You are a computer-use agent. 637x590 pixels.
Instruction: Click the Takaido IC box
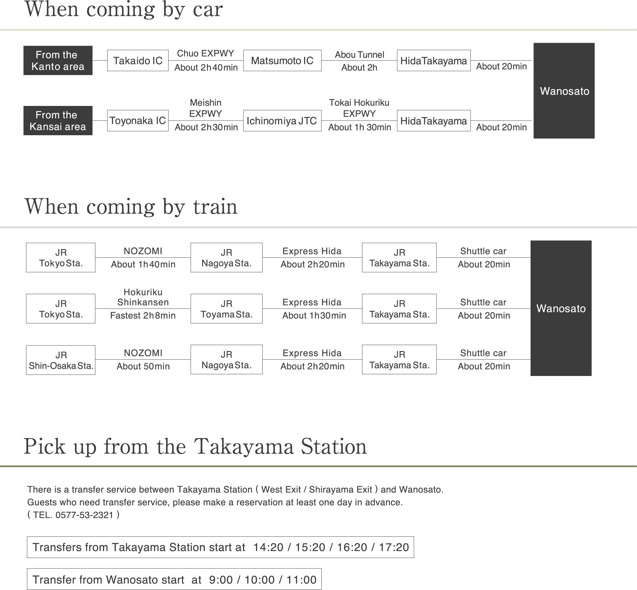pyautogui.click(x=138, y=60)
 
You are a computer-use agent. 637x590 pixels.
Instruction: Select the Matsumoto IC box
pyautogui.click(x=282, y=60)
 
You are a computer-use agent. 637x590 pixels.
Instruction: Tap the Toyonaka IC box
pyautogui.click(x=138, y=121)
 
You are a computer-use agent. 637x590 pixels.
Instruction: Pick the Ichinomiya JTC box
pyautogui.click(x=282, y=121)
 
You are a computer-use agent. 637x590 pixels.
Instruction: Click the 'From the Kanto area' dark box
pyautogui.click(x=58, y=60)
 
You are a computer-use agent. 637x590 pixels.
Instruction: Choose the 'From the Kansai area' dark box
pyautogui.click(x=58, y=121)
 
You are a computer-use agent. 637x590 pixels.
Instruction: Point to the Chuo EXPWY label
pyautogui.click(x=205, y=53)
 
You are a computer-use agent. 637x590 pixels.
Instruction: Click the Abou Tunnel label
pyautogui.click(x=359, y=55)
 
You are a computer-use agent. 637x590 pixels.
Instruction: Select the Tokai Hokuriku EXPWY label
pyautogui.click(x=359, y=108)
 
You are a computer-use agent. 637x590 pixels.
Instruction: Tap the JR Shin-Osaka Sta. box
pyautogui.click(x=60, y=360)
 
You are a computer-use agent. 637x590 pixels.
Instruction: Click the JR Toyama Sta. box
pyautogui.click(x=227, y=309)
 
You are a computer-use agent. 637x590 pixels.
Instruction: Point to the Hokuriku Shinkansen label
pyautogui.click(x=143, y=297)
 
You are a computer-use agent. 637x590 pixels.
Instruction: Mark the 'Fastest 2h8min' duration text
pyautogui.click(x=143, y=315)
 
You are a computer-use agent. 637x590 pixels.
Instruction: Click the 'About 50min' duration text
pyautogui.click(x=143, y=366)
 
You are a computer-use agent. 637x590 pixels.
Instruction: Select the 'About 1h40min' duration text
pyautogui.click(x=143, y=264)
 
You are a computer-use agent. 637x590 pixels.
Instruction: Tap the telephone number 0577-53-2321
pyautogui.click(x=84, y=515)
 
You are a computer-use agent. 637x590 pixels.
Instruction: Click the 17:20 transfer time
pyautogui.click(x=394, y=547)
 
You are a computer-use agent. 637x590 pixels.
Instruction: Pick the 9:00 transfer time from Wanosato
pyautogui.click(x=221, y=580)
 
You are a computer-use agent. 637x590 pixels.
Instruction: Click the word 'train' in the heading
pyautogui.click(x=215, y=207)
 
